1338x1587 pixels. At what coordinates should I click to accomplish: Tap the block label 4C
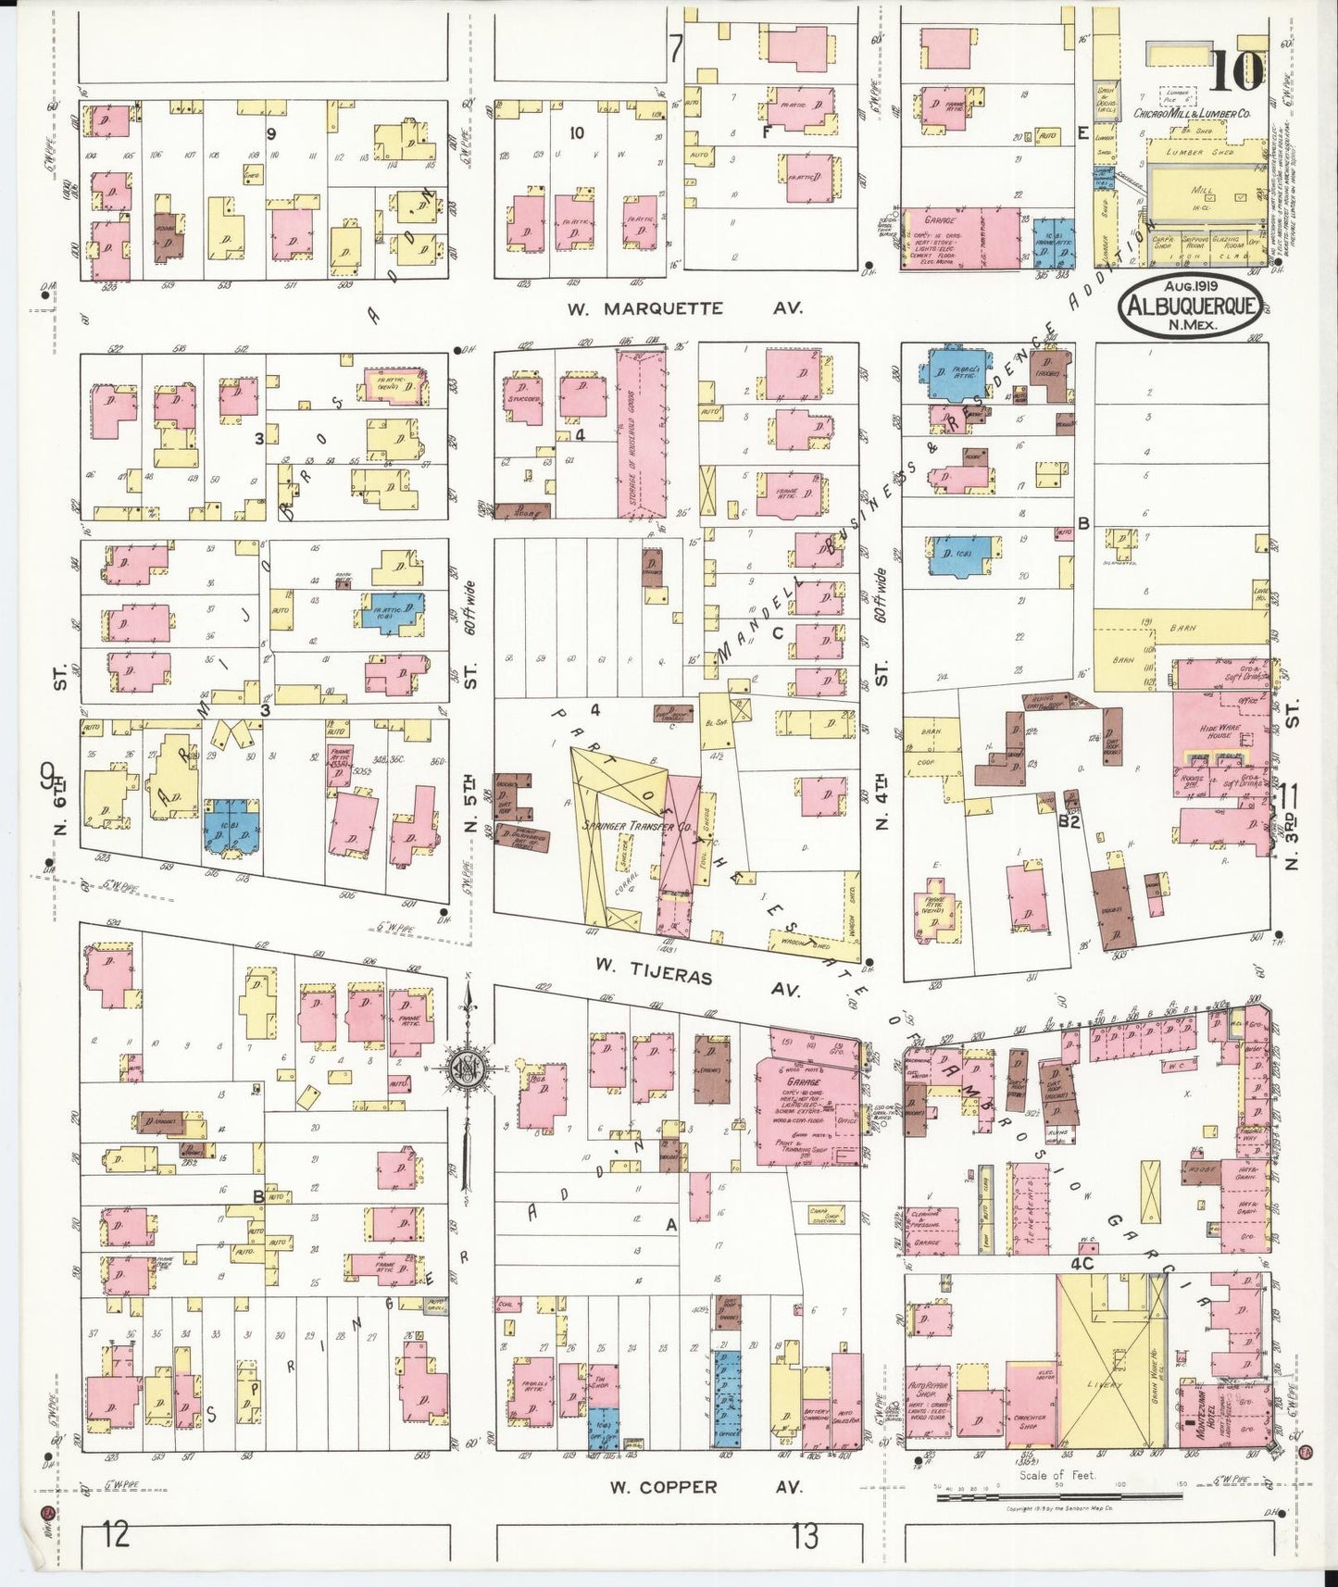click(1082, 1262)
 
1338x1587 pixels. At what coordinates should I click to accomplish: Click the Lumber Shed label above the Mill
click(1200, 152)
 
